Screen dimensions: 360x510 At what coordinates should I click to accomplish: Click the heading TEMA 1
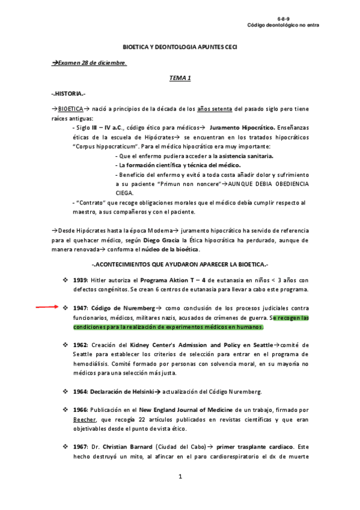[x=180, y=78]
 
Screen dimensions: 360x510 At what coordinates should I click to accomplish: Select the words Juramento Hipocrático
[x=243, y=128]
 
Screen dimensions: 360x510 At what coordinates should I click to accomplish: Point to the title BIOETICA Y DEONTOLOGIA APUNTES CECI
[x=180, y=47]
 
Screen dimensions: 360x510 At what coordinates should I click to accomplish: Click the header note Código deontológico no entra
[x=284, y=25]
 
